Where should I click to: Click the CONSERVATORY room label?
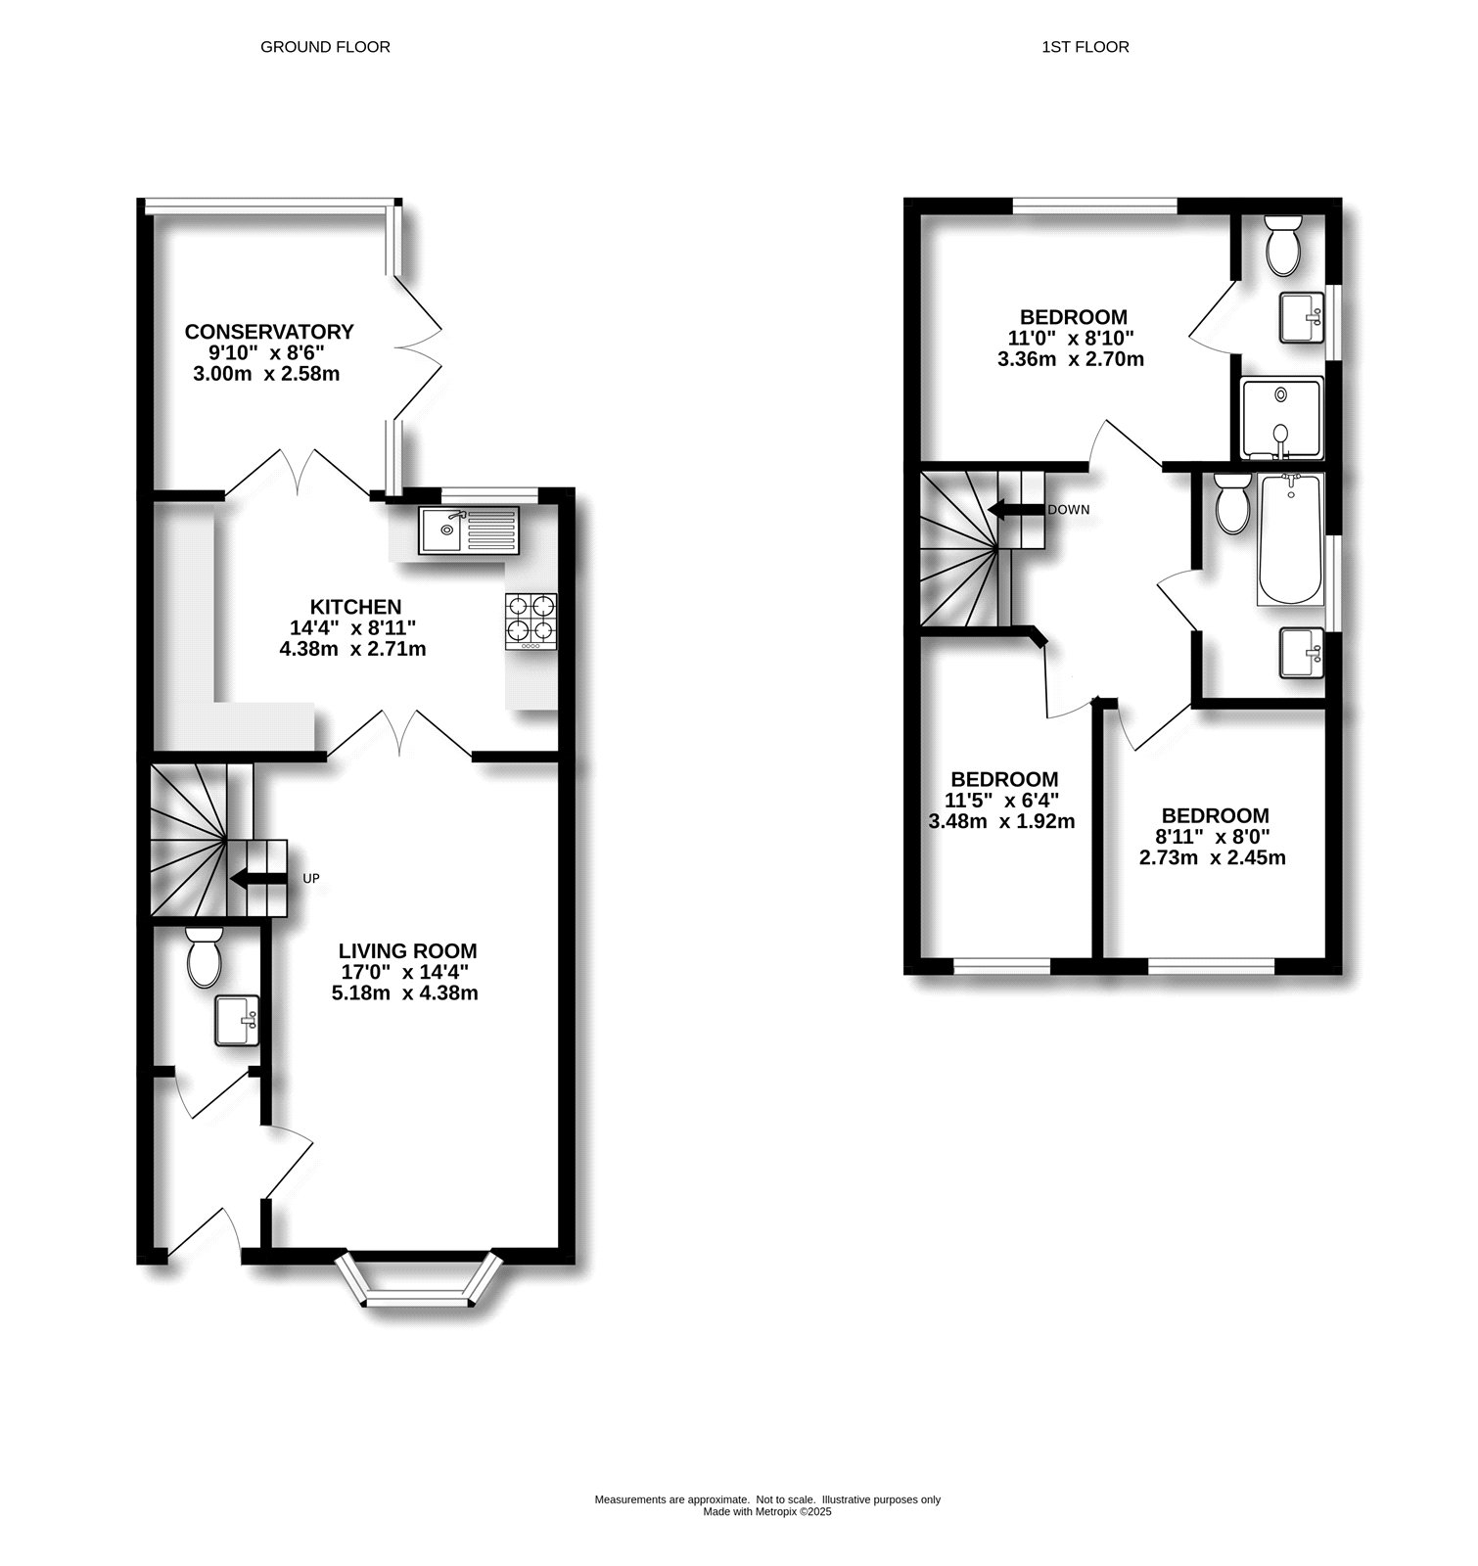point(269,332)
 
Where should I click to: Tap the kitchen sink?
point(468,530)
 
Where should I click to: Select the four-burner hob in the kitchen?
point(531,622)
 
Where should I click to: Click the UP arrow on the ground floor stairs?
point(257,878)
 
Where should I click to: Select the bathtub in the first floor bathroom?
point(1291,539)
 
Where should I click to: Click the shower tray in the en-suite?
point(1281,418)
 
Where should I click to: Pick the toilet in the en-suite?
point(1282,246)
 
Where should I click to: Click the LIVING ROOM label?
point(407,950)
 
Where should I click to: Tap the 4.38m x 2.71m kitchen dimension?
point(352,648)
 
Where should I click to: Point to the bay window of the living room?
point(419,1280)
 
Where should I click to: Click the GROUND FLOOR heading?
point(325,47)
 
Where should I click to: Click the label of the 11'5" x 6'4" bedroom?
point(1004,779)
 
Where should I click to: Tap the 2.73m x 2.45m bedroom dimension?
point(1212,857)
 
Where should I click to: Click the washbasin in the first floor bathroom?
point(1302,653)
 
